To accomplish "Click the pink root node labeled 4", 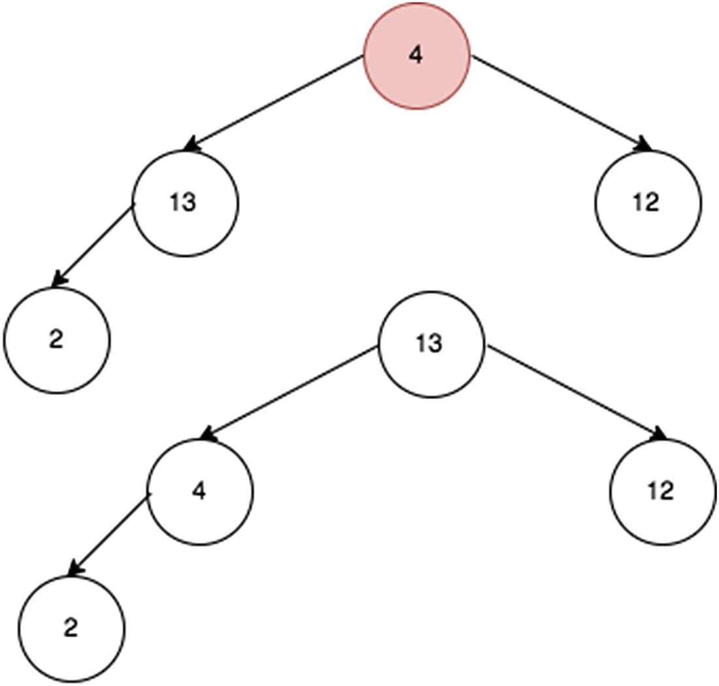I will (417, 56).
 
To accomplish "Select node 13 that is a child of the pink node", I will (185, 203).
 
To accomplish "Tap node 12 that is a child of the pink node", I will (648, 203).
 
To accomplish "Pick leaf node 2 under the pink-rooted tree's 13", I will (57, 341).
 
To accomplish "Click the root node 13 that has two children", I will (431, 343).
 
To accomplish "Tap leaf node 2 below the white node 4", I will (71, 628).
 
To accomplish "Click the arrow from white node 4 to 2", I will (109, 534).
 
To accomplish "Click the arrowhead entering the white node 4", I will (207, 434).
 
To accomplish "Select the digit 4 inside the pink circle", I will (416, 56).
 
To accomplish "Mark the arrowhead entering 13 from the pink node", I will (190, 145).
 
